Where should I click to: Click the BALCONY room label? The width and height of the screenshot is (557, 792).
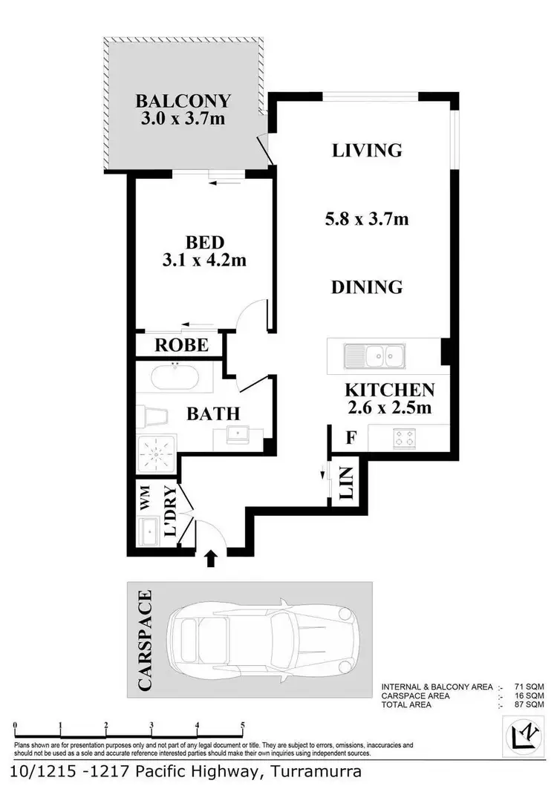[183, 101]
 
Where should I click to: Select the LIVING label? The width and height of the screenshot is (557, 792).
[367, 151]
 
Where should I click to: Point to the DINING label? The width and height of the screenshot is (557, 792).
[367, 287]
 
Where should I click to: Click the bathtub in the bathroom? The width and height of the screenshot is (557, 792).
[175, 378]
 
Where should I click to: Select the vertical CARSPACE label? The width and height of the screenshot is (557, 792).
[146, 640]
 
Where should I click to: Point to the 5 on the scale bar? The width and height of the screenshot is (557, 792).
[242, 726]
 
